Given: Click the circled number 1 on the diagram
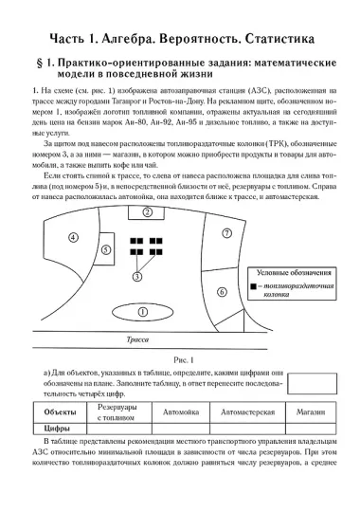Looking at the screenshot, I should point(143,311).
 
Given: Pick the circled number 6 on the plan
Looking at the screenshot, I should point(222,293).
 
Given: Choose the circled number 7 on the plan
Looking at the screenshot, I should point(225,232).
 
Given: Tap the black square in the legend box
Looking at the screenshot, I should point(253,285).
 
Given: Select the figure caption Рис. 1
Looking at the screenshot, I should point(179,359).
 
